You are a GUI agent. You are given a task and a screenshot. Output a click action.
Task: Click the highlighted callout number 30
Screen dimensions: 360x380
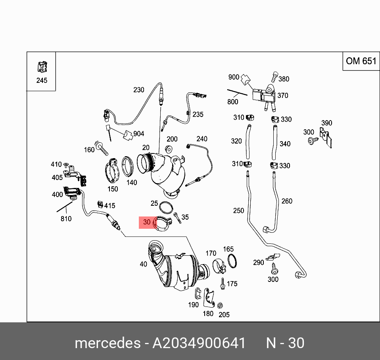pyautogui.click(x=147, y=222)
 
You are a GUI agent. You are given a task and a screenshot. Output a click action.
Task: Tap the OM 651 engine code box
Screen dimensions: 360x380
pyautogui.click(x=361, y=61)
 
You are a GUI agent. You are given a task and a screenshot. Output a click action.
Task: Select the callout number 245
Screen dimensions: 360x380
pyautogui.click(x=41, y=80)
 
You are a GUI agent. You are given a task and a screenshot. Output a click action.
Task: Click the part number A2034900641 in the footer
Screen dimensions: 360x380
pyautogui.click(x=199, y=343)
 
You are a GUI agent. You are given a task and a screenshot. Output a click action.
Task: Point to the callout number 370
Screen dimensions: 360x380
pyautogui.click(x=283, y=96)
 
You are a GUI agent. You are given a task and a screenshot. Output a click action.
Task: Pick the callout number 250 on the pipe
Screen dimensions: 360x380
pyautogui.click(x=238, y=211)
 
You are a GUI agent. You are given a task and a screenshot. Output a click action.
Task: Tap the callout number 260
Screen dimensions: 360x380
pyautogui.click(x=286, y=201)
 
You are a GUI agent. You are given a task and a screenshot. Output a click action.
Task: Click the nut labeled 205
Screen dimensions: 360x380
pyautogui.click(x=219, y=305)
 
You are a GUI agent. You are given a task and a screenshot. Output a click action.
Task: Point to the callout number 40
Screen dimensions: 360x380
pyautogui.click(x=143, y=264)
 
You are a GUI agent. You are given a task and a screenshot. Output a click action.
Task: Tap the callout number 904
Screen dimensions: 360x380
pyautogui.click(x=138, y=134)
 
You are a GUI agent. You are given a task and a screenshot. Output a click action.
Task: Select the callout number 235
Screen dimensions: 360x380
pyautogui.click(x=198, y=115)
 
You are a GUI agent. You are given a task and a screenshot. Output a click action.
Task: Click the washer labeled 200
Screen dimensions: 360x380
pyautogui.click(x=168, y=149)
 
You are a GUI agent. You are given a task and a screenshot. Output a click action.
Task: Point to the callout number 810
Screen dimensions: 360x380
pyautogui.click(x=66, y=218)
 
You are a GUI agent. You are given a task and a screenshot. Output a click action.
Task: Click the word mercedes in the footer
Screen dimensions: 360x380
pyautogui.click(x=107, y=343)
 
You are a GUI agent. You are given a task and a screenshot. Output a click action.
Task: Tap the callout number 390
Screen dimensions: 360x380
pyautogui.click(x=326, y=123)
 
